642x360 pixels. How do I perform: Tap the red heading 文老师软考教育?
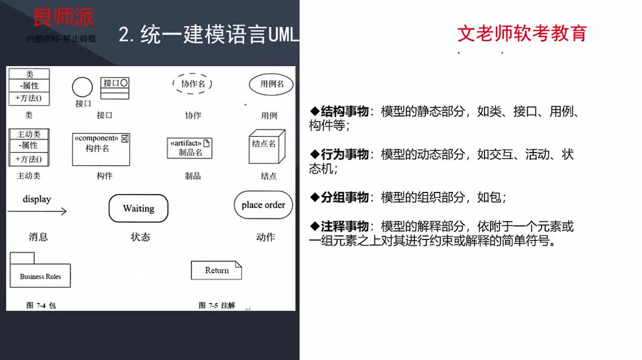click(521, 33)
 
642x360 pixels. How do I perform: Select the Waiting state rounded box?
click(139, 209)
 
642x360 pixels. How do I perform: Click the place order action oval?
click(263, 205)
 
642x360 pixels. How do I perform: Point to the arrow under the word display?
click(37, 211)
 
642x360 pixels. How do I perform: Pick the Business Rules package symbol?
click(40, 273)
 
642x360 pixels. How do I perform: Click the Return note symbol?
click(216, 270)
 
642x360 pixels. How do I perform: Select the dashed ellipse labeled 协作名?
click(193, 84)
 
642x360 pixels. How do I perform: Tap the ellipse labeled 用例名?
click(271, 84)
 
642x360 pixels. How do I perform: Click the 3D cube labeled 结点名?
click(263, 146)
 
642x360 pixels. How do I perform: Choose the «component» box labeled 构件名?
click(101, 149)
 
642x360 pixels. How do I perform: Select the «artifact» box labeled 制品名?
click(190, 148)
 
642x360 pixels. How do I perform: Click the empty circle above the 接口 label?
click(82, 87)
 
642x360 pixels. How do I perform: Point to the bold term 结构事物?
click(345, 112)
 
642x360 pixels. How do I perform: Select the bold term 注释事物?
click(345, 226)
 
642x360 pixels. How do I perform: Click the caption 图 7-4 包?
click(41, 305)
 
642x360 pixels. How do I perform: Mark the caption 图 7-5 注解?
click(217, 305)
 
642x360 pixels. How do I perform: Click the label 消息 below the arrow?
click(38, 237)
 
